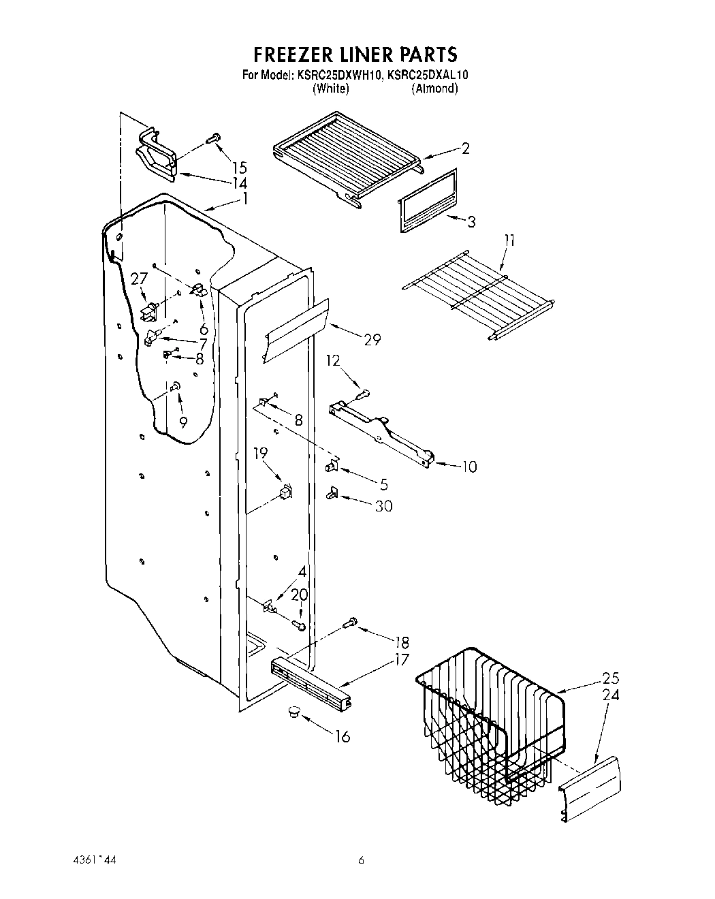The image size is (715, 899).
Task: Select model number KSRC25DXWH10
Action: coord(339,76)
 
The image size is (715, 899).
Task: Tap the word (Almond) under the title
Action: coord(434,89)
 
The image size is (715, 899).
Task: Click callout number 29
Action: coord(372,340)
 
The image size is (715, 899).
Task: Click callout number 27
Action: coord(139,278)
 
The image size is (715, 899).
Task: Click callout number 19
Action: coord(261,453)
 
